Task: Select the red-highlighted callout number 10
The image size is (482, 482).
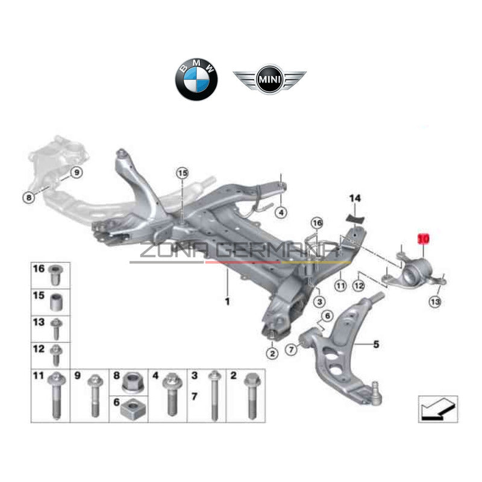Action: click(x=424, y=239)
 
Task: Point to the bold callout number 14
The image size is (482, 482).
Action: click(x=355, y=198)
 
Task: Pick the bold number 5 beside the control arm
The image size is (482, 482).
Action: click(x=376, y=345)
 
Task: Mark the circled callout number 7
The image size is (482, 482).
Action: click(x=292, y=348)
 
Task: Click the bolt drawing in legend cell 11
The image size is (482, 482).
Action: click(x=56, y=398)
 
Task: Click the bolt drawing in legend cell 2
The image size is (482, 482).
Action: click(x=249, y=398)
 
